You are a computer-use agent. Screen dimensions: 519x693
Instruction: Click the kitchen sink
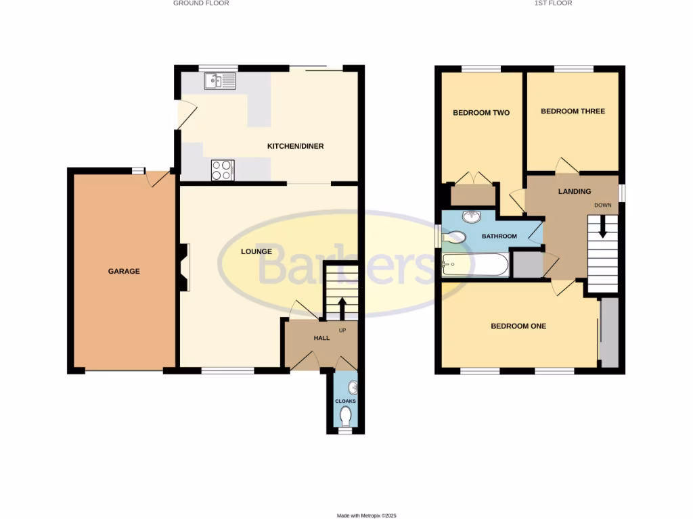(220, 81)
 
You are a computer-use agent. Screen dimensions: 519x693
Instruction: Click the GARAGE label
(124, 271)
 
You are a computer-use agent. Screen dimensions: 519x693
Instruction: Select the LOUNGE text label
(256, 251)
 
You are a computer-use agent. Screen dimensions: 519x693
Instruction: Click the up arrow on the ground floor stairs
(341, 307)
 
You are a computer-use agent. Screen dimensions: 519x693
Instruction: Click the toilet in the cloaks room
(346, 415)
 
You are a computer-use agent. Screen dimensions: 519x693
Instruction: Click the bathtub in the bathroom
(474, 264)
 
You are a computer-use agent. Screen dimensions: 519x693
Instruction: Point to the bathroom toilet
(455, 237)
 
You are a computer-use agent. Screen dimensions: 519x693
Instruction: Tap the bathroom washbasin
(470, 217)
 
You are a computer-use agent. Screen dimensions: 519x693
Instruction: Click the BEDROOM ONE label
(518, 326)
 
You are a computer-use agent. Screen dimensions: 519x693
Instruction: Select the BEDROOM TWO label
(481, 113)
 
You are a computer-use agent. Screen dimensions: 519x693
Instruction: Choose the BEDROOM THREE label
(573, 111)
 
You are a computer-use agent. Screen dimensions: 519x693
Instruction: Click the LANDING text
(575, 191)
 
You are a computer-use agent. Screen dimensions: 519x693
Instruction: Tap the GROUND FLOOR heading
(201, 3)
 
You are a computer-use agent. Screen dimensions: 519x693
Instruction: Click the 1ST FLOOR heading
(553, 3)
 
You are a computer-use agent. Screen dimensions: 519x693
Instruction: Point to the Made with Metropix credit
(367, 516)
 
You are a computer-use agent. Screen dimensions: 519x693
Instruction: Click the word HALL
(321, 338)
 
